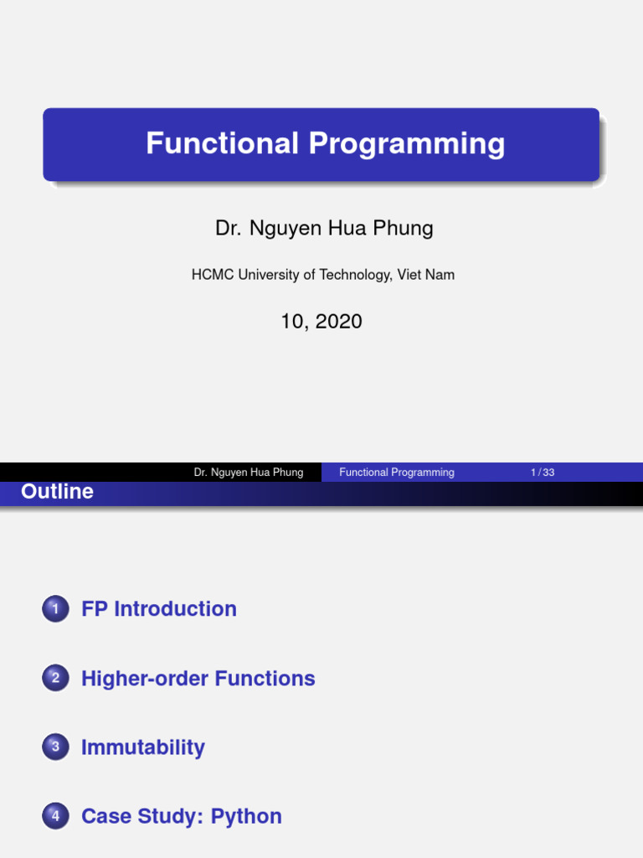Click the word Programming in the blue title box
click(406, 143)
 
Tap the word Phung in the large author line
click(401, 228)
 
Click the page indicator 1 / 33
click(543, 473)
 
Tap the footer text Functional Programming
click(397, 473)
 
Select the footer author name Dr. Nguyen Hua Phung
click(249, 473)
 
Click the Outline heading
click(57, 492)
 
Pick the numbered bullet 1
click(55, 609)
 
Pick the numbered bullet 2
click(55, 679)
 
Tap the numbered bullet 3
click(55, 748)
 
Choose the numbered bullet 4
click(55, 817)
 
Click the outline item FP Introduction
click(159, 609)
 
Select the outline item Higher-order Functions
click(198, 679)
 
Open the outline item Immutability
click(143, 747)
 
